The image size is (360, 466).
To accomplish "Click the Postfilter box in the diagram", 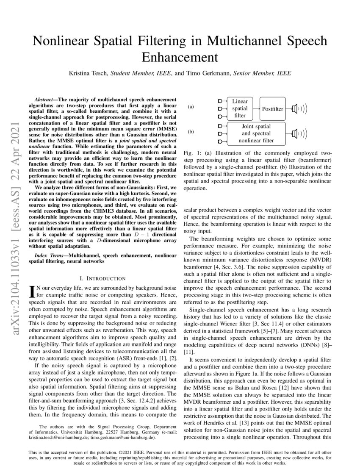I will (272, 109).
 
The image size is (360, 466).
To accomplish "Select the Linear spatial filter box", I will (240, 108).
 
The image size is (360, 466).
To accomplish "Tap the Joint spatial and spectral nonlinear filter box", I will (256, 133).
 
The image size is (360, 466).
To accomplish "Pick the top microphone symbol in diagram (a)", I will (220, 101).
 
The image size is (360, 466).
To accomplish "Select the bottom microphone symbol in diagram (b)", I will (220, 141).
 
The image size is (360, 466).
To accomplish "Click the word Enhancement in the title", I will (180, 56).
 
